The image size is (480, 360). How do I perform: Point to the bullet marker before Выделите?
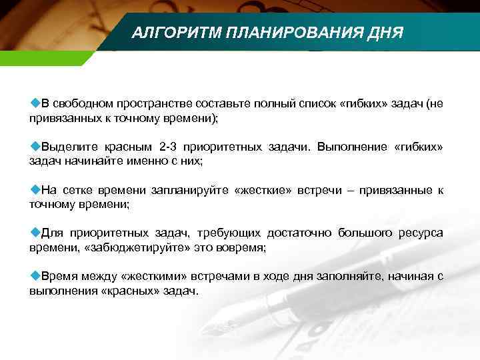[x=35, y=145]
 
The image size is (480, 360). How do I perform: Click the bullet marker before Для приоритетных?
[x=35, y=233]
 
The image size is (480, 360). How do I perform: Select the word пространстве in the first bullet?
[x=146, y=103]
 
